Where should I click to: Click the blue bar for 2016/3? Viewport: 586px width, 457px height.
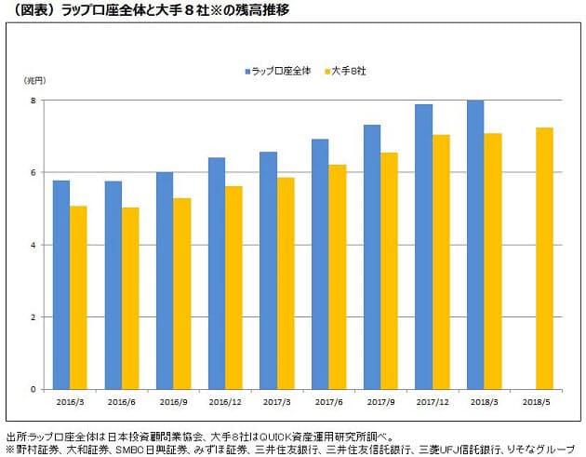[x=61, y=284]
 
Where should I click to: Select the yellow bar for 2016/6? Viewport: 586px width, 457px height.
[x=130, y=298]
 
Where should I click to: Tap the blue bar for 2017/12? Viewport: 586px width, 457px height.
[x=423, y=247]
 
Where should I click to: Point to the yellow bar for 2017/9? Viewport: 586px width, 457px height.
[x=389, y=271]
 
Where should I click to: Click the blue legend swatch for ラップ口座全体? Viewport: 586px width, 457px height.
[x=248, y=71]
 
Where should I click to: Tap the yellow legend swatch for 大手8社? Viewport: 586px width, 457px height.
[x=326, y=71]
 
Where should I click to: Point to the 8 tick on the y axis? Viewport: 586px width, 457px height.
[x=33, y=101]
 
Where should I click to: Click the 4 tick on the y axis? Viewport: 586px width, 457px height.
[x=33, y=245]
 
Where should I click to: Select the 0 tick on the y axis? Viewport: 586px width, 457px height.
[x=33, y=389]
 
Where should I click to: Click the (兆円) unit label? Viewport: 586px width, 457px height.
[x=33, y=82]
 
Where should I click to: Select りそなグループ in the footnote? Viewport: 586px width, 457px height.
[x=549, y=449]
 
